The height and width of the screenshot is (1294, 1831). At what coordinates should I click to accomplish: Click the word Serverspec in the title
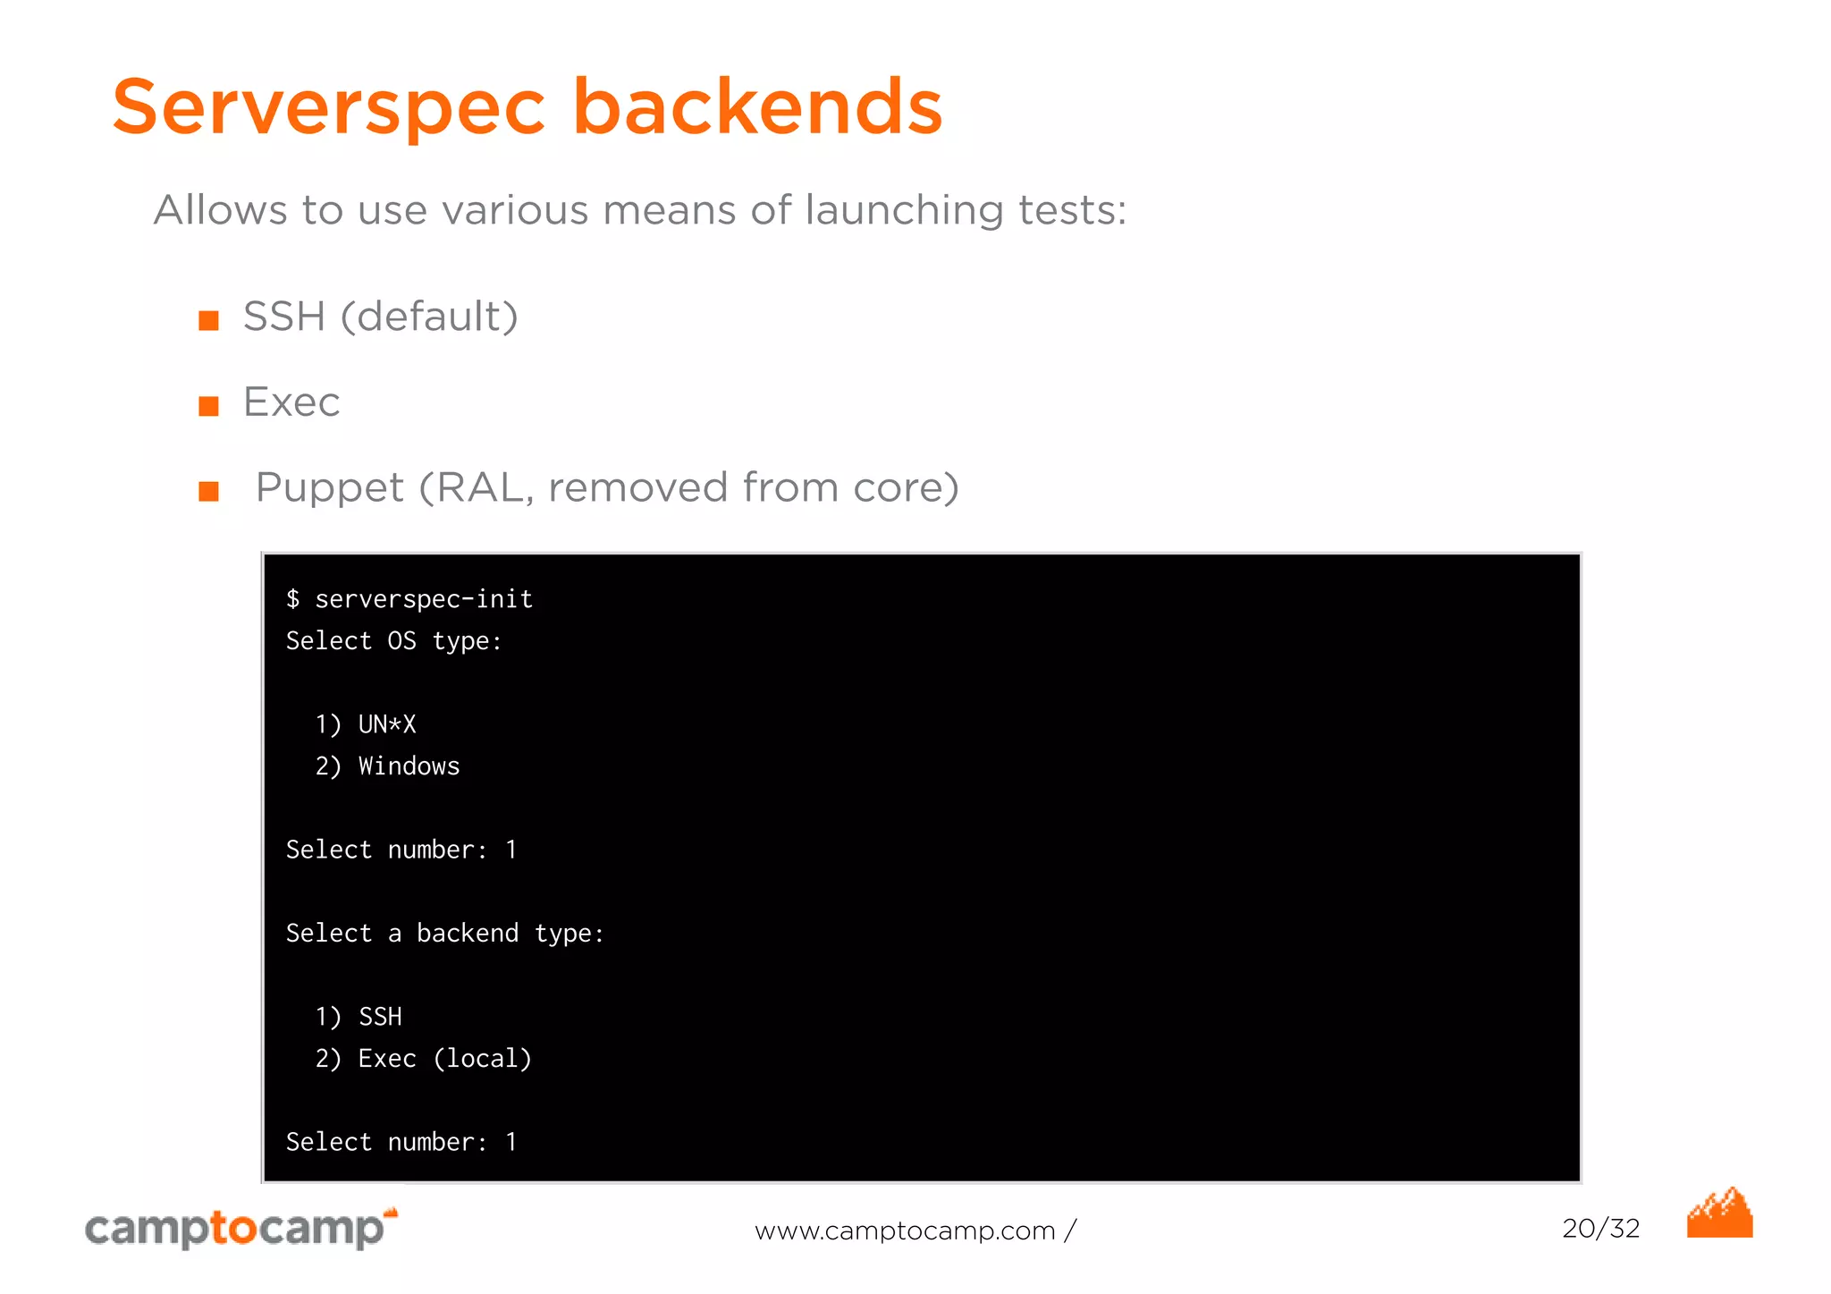pyautogui.click(x=328, y=107)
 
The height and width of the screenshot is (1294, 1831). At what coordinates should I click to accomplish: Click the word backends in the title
pyautogui.click(x=756, y=107)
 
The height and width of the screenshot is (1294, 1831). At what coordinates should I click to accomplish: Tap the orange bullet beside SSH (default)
pyautogui.click(x=208, y=320)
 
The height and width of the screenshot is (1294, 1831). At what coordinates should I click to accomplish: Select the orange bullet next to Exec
pyautogui.click(x=208, y=406)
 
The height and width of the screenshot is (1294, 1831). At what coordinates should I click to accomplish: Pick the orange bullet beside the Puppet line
pyautogui.click(x=208, y=491)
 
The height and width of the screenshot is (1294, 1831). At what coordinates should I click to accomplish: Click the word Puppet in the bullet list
pyautogui.click(x=329, y=488)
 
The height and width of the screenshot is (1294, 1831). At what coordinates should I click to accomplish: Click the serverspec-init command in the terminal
pyautogui.click(x=424, y=598)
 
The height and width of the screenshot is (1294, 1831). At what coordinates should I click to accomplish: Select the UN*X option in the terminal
pyautogui.click(x=387, y=723)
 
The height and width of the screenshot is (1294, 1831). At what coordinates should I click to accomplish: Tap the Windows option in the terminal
pyautogui.click(x=409, y=765)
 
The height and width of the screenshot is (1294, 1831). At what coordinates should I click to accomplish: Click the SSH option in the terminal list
pyautogui.click(x=380, y=1016)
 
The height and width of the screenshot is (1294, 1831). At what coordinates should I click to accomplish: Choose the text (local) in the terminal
pyautogui.click(x=483, y=1058)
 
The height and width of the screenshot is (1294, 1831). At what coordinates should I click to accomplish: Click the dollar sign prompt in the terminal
pyautogui.click(x=292, y=598)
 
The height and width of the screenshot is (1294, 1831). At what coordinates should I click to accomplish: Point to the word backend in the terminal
pyautogui.click(x=467, y=933)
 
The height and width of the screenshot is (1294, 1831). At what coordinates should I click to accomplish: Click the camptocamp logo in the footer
pyautogui.click(x=240, y=1228)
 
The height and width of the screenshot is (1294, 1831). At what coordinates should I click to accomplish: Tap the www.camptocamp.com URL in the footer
pyautogui.click(x=905, y=1231)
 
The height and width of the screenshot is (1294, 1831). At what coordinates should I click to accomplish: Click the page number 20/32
pyautogui.click(x=1600, y=1228)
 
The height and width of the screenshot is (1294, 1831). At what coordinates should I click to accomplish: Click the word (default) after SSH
pyautogui.click(x=429, y=317)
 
